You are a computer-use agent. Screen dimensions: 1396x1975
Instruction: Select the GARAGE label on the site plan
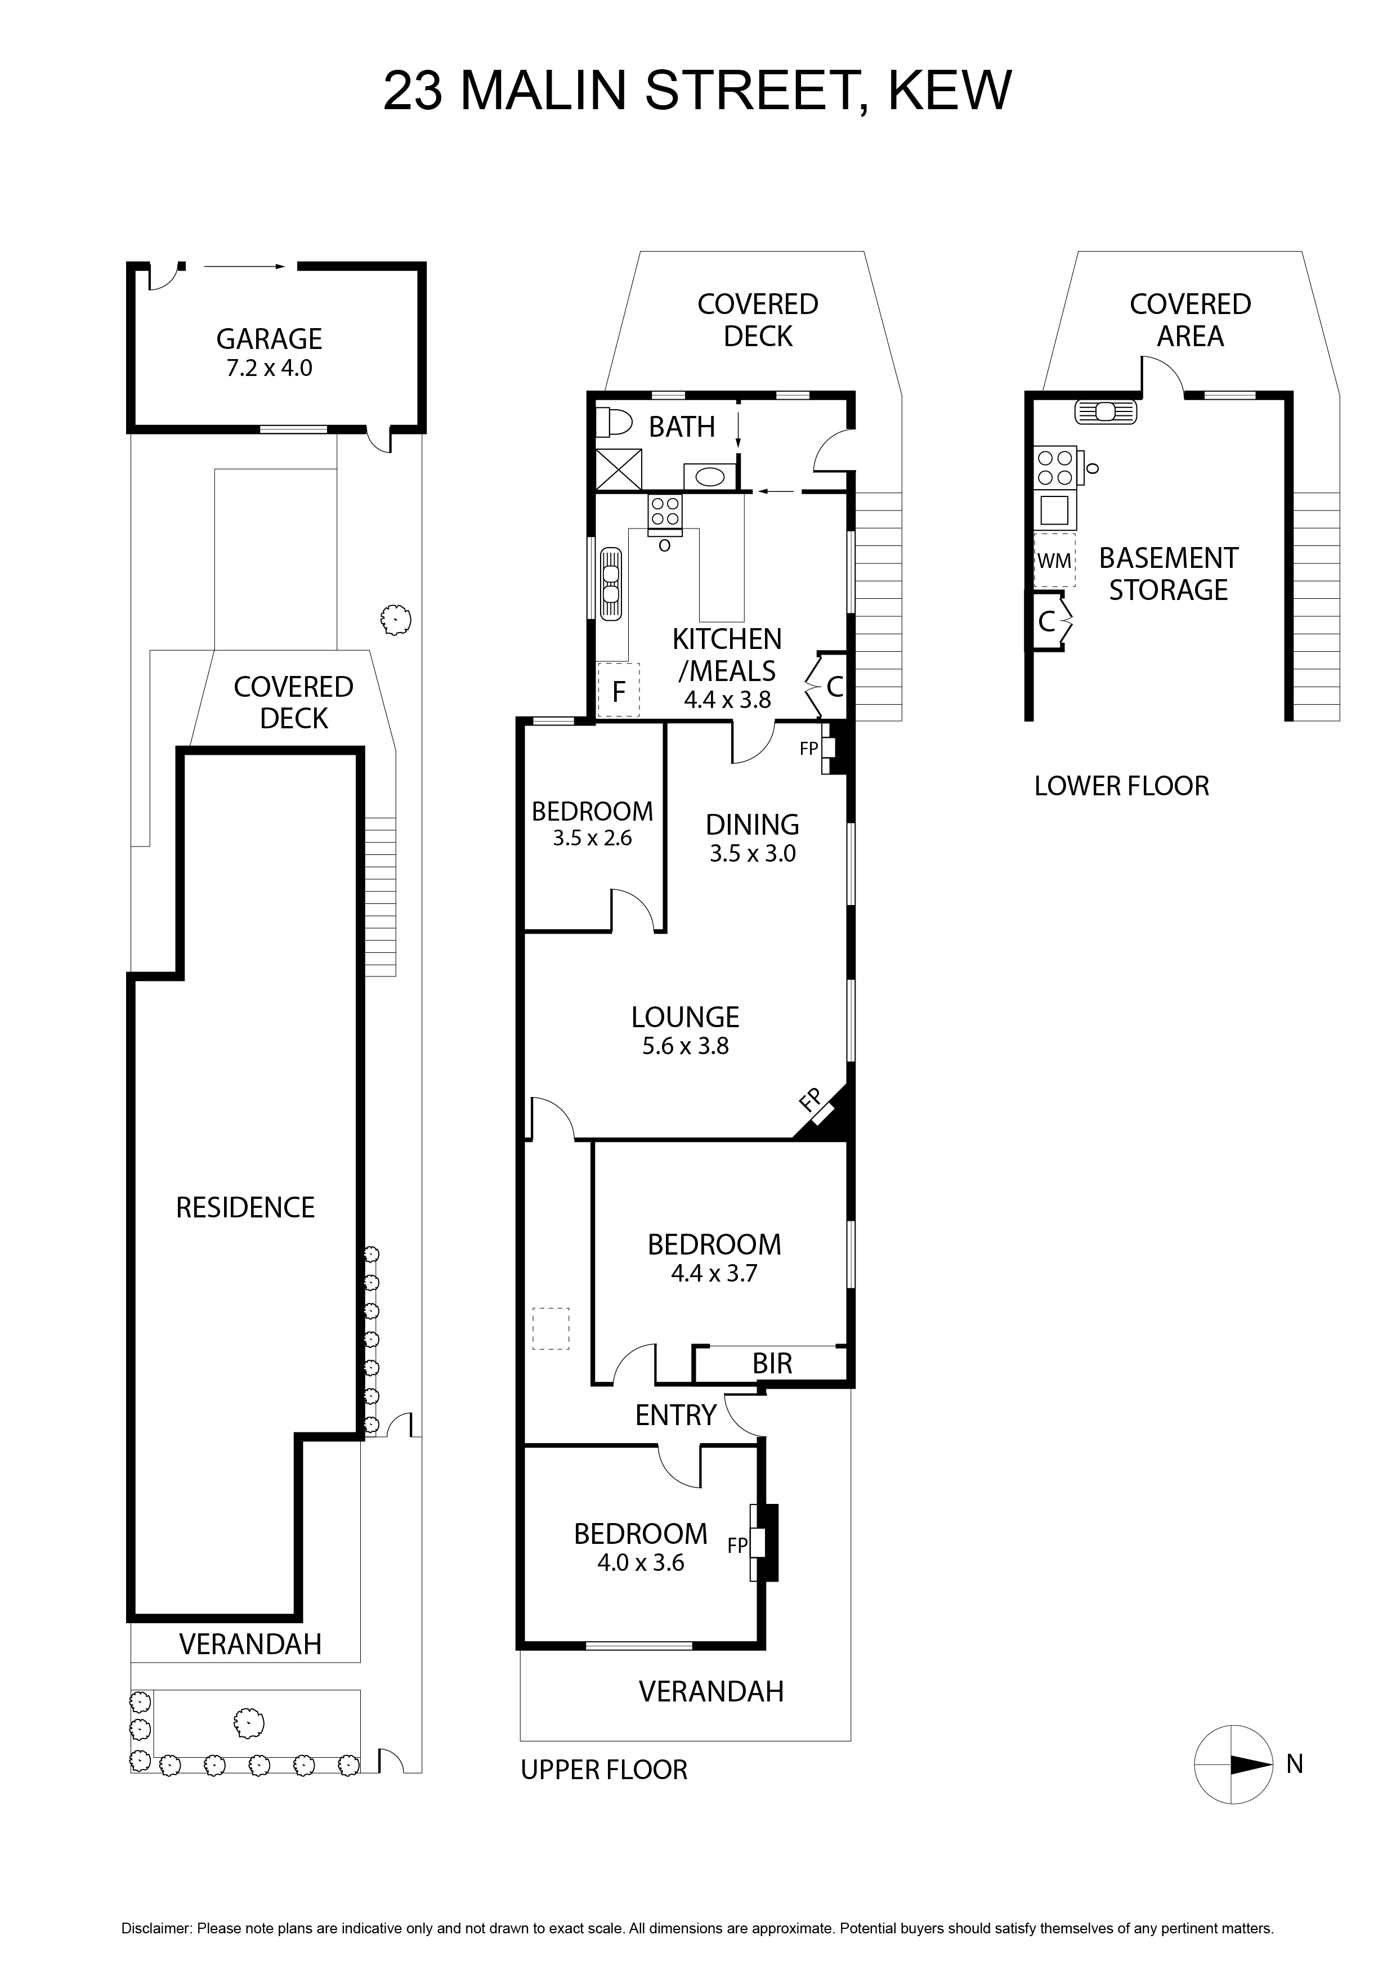click(269, 339)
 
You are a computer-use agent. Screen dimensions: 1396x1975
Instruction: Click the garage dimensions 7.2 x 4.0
click(269, 368)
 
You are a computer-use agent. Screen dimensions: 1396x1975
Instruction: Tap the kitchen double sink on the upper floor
click(611, 584)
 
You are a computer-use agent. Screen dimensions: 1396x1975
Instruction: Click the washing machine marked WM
click(1054, 561)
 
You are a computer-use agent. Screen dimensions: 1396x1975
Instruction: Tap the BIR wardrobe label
click(772, 1363)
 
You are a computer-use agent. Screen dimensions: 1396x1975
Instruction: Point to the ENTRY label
click(676, 1414)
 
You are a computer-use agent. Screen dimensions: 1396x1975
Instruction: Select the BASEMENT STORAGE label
click(1168, 574)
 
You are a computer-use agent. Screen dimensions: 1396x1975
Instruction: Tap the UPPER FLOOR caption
click(604, 1770)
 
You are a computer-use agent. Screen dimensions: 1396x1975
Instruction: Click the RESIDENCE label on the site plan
click(245, 1208)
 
